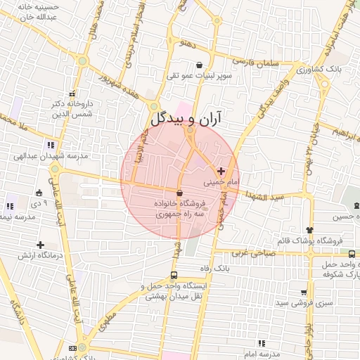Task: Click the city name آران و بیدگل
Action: pyautogui.click(x=186, y=117)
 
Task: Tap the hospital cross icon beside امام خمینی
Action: pyautogui.click(x=221, y=171)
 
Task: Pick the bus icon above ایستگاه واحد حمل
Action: pyautogui.click(x=174, y=276)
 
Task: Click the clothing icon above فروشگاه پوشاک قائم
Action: pyautogui.click(x=309, y=230)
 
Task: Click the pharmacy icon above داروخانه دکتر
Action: pyautogui.click(x=71, y=94)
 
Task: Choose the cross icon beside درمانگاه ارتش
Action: pyautogui.click(x=41, y=244)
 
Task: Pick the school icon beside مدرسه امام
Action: pyautogui.click(x=262, y=343)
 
